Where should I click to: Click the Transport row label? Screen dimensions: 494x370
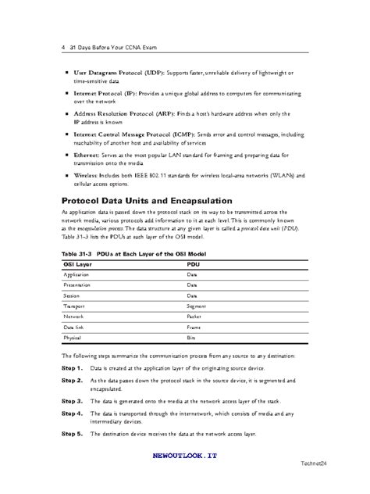pos(76,307)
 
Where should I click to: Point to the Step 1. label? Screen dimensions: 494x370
pos(72,367)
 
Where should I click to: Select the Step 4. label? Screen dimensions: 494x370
pos(72,412)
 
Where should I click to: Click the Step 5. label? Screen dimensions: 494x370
pos(72,433)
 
